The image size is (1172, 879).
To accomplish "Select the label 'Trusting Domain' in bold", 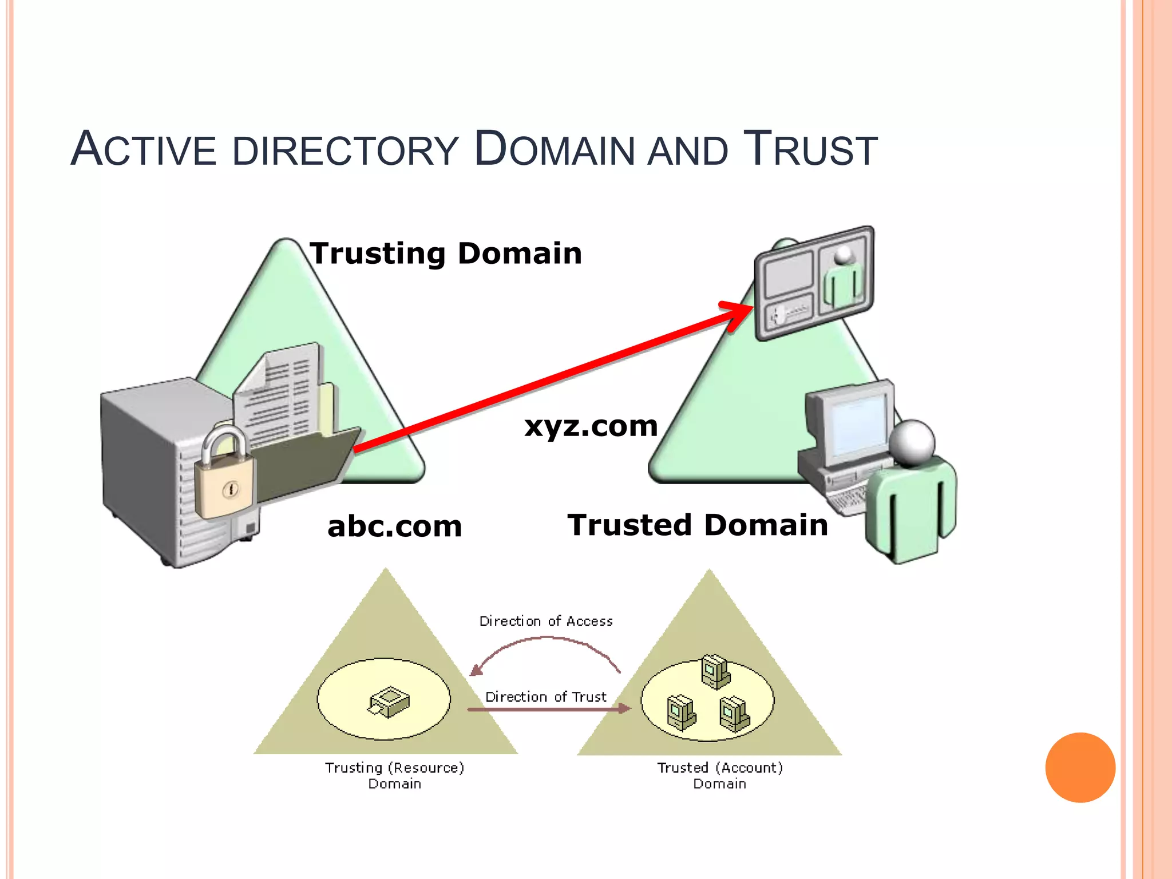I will pyautogui.click(x=445, y=254).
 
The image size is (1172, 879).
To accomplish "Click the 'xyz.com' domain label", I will pyautogui.click(x=591, y=426).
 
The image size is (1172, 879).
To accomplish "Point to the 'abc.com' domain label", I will pyautogui.click(x=394, y=526).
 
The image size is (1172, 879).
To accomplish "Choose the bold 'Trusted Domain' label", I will pyautogui.click(x=697, y=525).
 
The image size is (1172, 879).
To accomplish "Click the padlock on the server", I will pyautogui.click(x=224, y=478).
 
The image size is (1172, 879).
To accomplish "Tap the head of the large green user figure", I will pyautogui.click(x=912, y=442).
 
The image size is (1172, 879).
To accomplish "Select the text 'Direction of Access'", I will pyautogui.click(x=546, y=621).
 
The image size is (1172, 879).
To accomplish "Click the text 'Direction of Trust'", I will pyautogui.click(x=546, y=697).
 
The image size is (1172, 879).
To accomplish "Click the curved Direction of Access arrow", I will pyautogui.click(x=547, y=640).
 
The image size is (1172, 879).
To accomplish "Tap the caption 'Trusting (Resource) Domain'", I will pyautogui.click(x=395, y=775).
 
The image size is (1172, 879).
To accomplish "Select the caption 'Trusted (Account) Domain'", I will pyautogui.click(x=720, y=775).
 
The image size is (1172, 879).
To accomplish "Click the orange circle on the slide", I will pyautogui.click(x=1080, y=767).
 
